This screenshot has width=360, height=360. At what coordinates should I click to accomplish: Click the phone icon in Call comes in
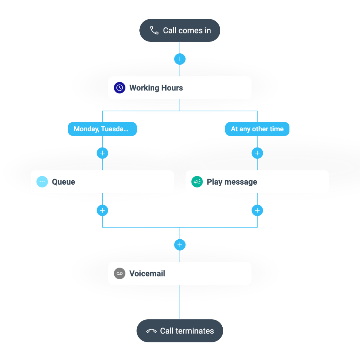tap(154, 31)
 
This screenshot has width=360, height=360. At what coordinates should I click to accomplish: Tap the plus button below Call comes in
tap(180, 59)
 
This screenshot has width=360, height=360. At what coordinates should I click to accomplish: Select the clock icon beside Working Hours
tap(120, 88)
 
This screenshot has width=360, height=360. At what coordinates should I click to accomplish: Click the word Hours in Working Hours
tap(172, 88)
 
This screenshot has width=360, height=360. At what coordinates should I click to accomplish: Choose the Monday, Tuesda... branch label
tap(102, 129)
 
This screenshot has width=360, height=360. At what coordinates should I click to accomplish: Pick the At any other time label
tap(257, 129)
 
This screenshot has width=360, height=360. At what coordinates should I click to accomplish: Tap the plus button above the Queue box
tap(102, 153)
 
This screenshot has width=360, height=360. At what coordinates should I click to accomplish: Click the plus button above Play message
tap(257, 153)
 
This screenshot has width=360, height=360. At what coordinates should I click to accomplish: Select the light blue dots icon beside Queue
tap(42, 182)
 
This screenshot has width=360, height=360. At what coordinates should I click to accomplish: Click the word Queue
tap(63, 182)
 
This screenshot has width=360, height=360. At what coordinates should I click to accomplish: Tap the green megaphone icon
tap(197, 182)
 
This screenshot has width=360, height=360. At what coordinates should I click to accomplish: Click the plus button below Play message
tap(257, 210)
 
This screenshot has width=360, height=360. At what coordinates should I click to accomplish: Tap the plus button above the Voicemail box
tap(180, 245)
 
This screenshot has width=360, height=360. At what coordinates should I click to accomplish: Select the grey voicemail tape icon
tap(120, 273)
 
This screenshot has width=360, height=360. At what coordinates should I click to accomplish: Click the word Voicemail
tap(147, 273)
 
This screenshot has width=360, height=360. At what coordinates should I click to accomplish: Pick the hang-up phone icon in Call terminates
tap(151, 331)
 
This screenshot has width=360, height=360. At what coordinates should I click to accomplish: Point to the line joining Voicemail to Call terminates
tap(180, 302)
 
